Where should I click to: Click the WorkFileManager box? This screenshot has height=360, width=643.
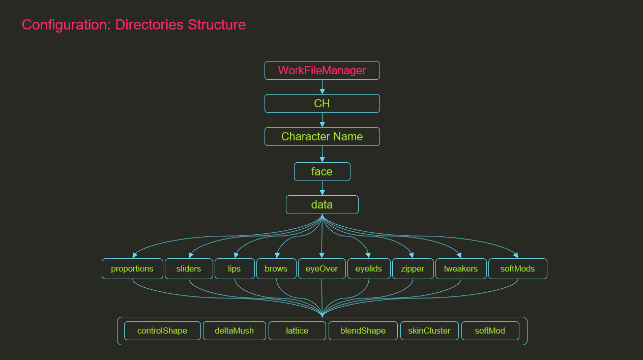(322, 71)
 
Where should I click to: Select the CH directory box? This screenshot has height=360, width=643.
(322, 104)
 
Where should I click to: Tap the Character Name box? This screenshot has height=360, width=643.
(322, 137)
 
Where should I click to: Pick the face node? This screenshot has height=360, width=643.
(322, 172)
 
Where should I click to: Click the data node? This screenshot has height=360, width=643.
(322, 205)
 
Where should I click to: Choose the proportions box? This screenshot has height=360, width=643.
(132, 269)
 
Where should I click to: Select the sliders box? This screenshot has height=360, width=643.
(189, 269)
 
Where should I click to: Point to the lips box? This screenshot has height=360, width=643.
(235, 269)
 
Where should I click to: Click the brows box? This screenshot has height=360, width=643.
(276, 269)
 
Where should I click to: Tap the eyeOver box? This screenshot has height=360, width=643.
(322, 269)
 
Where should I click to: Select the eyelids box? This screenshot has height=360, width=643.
(369, 269)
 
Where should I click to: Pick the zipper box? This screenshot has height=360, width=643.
(413, 269)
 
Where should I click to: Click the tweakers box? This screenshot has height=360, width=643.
(461, 269)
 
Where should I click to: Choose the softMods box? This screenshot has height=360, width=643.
(517, 269)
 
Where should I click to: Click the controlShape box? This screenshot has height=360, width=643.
(162, 331)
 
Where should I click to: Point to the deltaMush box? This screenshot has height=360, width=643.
(234, 331)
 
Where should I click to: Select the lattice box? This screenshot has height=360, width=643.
(297, 331)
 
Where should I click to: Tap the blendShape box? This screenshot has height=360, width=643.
(363, 331)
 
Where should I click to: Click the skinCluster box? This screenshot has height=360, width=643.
(429, 331)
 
